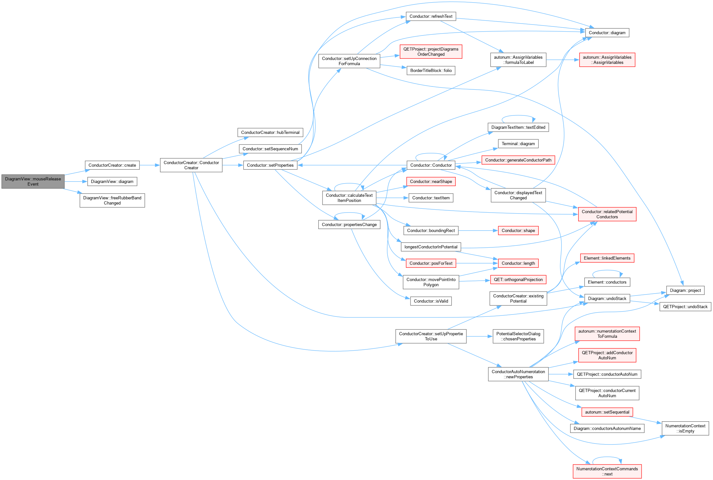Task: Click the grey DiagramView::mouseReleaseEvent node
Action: coord(33,182)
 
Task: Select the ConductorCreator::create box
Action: coord(112,165)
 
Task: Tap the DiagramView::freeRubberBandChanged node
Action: coord(112,200)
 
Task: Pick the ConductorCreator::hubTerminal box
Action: coord(270,132)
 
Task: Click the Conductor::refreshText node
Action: coord(431,16)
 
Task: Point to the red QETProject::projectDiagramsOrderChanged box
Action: coord(431,52)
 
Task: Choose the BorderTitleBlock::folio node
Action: coord(431,70)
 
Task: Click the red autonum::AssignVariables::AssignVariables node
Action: coord(607,60)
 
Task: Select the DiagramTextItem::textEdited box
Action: coord(518,127)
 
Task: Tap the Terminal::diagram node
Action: coord(518,144)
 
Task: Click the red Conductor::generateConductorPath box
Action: coord(518,160)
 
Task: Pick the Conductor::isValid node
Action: coord(431,301)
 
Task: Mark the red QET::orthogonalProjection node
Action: coord(518,280)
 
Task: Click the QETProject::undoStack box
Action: coord(685,307)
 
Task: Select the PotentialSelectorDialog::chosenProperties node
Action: coord(518,336)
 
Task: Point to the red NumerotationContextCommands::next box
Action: coord(607,471)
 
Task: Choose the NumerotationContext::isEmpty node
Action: coord(685,428)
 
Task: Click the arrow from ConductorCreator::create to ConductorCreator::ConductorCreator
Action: coord(150,165)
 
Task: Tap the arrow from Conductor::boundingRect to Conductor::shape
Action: coord(478,231)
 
